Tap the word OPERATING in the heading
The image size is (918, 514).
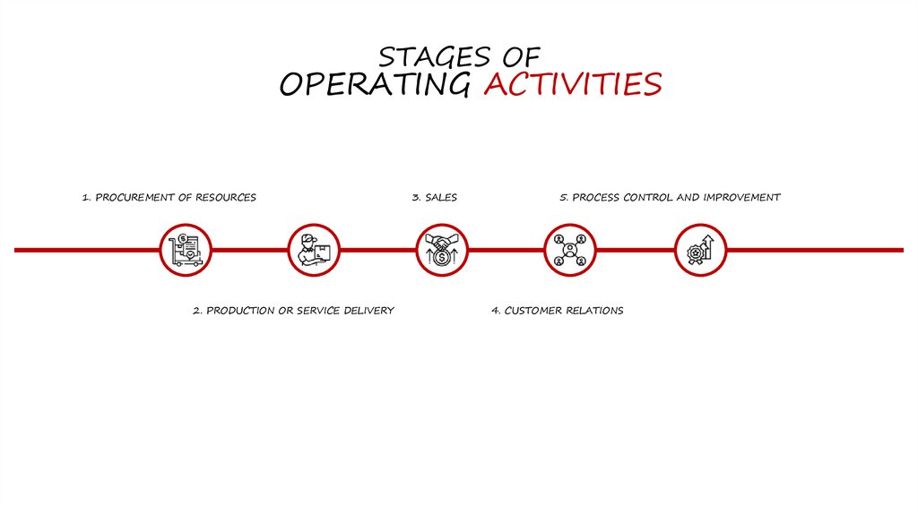(375, 84)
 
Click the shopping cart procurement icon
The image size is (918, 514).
(186, 250)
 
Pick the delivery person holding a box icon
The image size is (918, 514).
(314, 250)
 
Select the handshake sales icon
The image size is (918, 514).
(442, 250)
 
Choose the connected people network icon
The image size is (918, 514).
(570, 250)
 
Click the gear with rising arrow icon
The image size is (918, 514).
(699, 250)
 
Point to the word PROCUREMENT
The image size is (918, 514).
(130, 197)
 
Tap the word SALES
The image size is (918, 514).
(441, 197)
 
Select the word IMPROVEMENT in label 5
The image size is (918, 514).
(741, 197)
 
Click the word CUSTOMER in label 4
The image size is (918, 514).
(533, 311)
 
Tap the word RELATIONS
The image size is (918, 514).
(595, 311)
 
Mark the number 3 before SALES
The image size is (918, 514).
(415, 197)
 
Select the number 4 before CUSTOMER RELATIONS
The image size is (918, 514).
(494, 311)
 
